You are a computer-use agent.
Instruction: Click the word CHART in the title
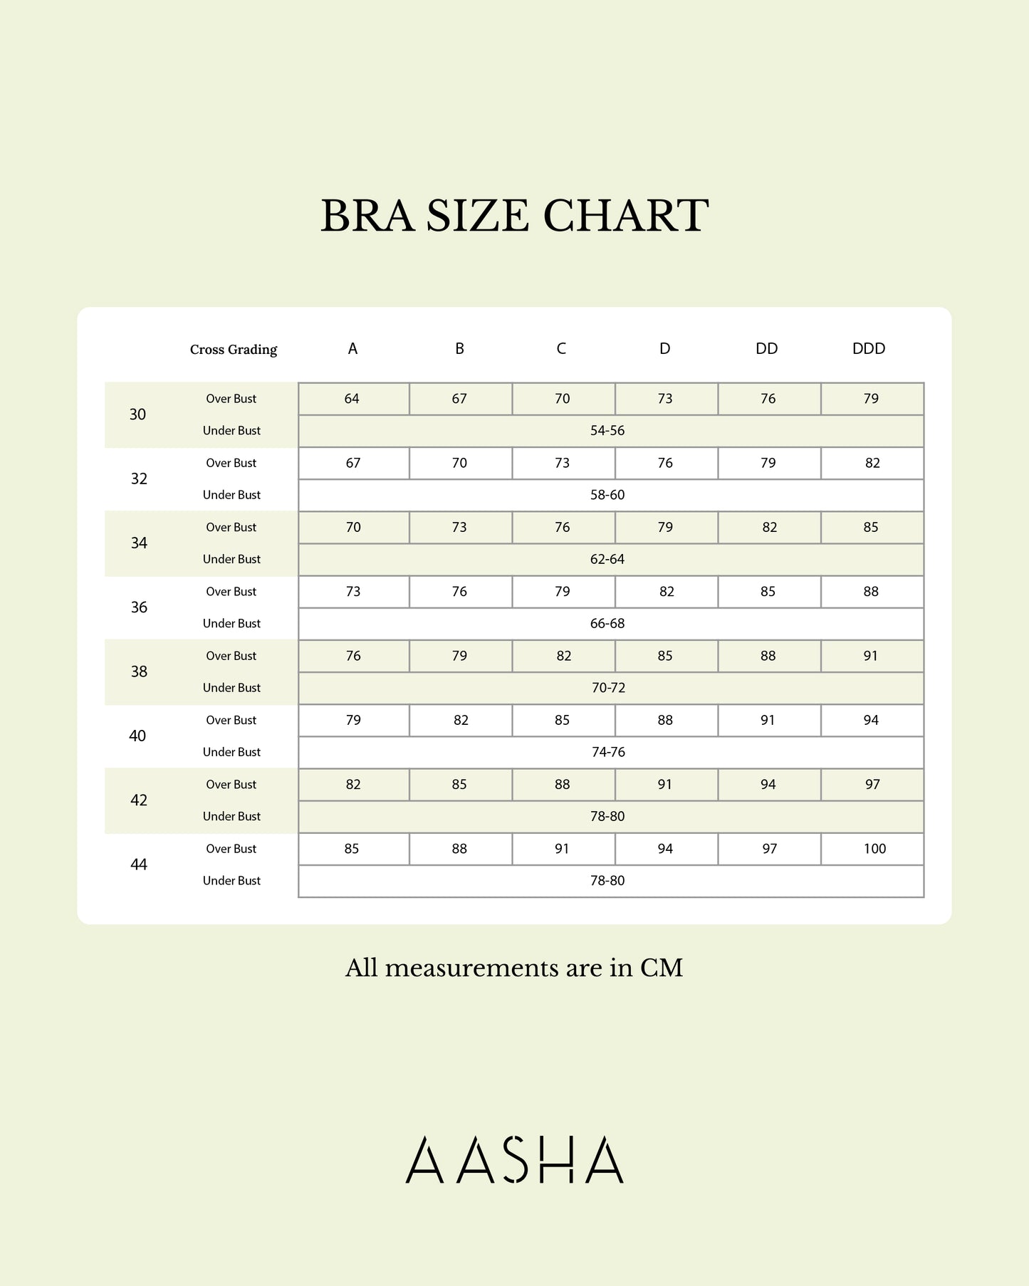tap(626, 216)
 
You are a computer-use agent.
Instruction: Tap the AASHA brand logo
tap(514, 1160)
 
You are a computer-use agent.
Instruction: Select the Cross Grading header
tap(234, 350)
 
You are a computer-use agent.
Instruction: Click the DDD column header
tap(869, 349)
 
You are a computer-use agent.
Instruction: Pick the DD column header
tap(766, 349)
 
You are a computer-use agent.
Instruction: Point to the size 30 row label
tap(137, 414)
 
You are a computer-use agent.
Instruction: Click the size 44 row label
tap(139, 864)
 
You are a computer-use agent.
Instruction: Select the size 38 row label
tap(139, 671)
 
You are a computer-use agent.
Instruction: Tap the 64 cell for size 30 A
tap(352, 399)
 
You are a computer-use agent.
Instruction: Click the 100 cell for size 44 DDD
tap(874, 849)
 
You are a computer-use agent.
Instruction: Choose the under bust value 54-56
tap(607, 431)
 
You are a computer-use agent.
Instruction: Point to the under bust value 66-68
tap(607, 624)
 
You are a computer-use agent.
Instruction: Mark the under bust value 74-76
tap(608, 752)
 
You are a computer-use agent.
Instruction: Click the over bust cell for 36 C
tap(563, 592)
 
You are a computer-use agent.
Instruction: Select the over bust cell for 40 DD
tap(768, 721)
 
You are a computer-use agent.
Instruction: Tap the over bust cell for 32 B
tap(459, 464)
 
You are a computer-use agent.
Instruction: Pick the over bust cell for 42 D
tap(665, 785)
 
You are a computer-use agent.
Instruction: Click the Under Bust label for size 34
tap(231, 560)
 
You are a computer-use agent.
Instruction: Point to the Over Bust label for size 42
tap(231, 785)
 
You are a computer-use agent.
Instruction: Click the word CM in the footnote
tap(662, 968)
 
